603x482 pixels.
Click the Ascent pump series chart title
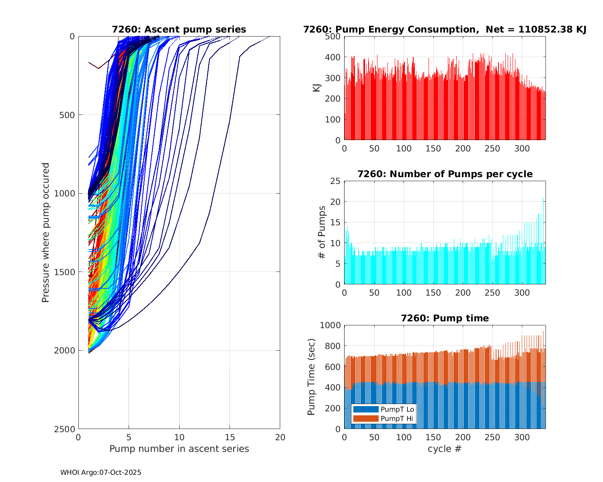(179, 29)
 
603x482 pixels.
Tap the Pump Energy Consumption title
(445, 29)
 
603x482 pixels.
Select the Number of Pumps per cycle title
(445, 174)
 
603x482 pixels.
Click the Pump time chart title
(445, 318)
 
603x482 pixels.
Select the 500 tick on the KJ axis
(333, 37)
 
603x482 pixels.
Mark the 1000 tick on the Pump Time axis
(330, 325)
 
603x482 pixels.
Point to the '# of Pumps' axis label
(322, 232)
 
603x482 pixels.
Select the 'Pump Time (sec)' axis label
(312, 377)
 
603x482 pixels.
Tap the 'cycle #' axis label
(445, 449)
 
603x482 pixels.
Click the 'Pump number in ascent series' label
(179, 449)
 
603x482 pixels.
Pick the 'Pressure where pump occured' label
(45, 232)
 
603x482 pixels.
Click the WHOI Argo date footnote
(100, 473)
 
